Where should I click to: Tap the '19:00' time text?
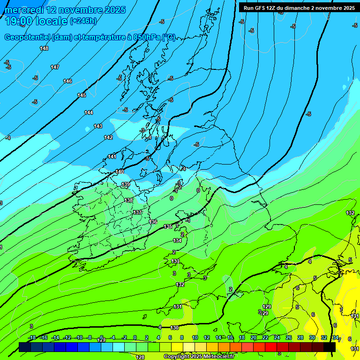[x=18, y=21]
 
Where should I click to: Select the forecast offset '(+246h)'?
[x=83, y=21]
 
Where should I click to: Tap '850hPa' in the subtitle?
[x=147, y=37]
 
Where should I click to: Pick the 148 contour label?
[x=44, y=48]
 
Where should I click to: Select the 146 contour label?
[x=67, y=81]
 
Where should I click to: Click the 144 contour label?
[x=89, y=112]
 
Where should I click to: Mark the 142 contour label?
[x=108, y=137]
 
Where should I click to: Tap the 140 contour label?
[x=120, y=172]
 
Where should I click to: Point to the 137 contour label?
[x=137, y=212]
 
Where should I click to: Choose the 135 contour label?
[x=168, y=226]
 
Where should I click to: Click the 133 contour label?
[x=175, y=261]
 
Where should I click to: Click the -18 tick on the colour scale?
[x=32, y=337]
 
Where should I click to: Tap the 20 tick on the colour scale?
[x=254, y=337]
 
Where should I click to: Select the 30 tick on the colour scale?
[x=312, y=337]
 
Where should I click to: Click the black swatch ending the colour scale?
[x=330, y=347]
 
